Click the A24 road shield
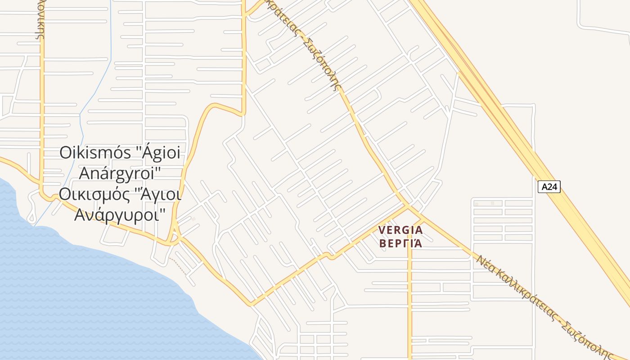click(549, 187)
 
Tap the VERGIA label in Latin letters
click(400, 230)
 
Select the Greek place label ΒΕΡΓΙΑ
click(400, 243)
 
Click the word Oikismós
click(95, 153)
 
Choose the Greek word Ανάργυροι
click(120, 214)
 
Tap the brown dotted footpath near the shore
click(179, 266)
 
